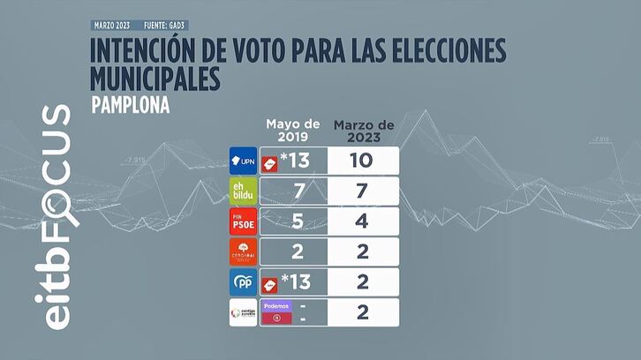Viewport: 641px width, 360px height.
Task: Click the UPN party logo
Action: (x=243, y=160)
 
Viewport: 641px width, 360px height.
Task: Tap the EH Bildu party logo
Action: (x=243, y=191)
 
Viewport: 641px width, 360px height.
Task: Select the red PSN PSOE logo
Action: (x=243, y=221)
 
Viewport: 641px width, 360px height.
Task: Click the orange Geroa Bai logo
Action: (x=243, y=251)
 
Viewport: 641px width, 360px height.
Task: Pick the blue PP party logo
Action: (x=243, y=282)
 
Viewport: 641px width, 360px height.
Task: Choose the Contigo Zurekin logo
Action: (x=243, y=312)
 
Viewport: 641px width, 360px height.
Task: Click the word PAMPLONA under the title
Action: (x=129, y=104)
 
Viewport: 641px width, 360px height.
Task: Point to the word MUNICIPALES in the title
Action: (x=155, y=79)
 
